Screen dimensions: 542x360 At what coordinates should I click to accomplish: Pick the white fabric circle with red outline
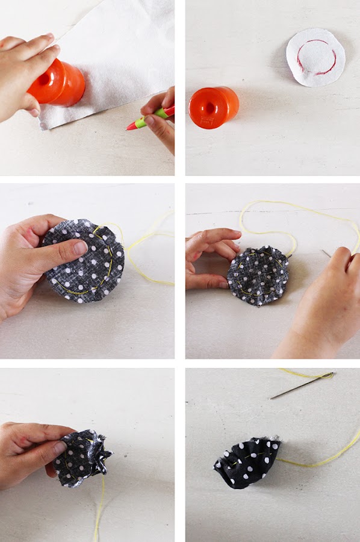tap(315, 57)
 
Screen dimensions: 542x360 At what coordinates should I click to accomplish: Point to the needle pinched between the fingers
tap(326, 254)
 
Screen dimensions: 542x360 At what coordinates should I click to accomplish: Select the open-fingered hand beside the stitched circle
tap(208, 256)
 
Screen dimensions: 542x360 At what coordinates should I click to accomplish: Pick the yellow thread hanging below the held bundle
tap(99, 512)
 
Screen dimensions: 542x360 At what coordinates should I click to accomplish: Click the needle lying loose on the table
tap(301, 385)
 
